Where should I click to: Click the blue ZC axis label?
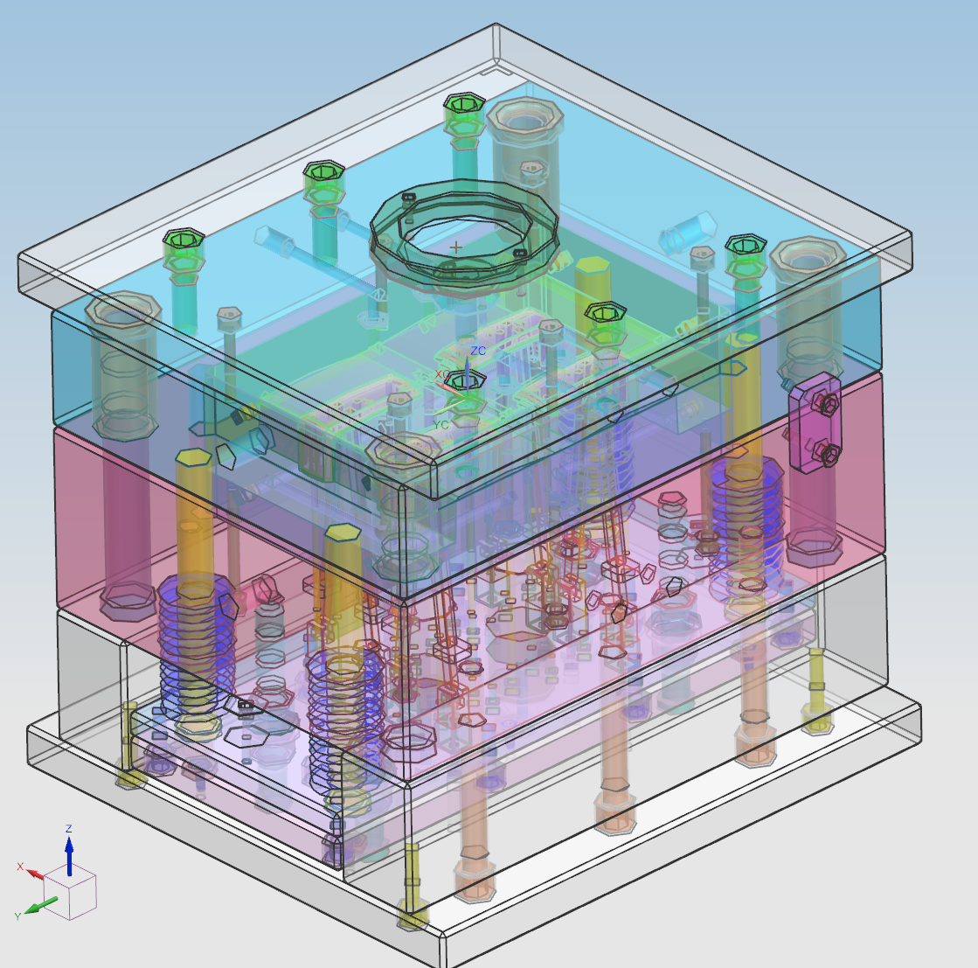478,351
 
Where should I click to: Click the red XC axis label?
441,374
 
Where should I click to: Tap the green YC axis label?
441,425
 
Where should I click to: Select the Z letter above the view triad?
69,829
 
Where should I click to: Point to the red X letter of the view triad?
20,867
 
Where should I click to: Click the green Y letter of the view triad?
17,916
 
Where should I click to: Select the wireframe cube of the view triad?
70,893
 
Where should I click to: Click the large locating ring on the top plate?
464,229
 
